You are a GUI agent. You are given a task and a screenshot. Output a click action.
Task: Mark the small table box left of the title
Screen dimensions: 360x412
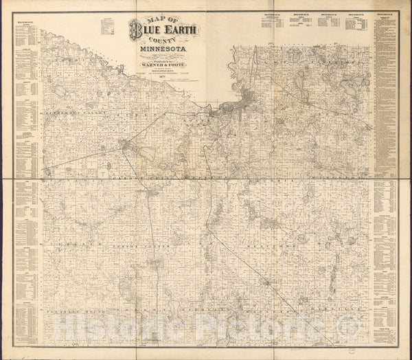[x=107, y=25]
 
